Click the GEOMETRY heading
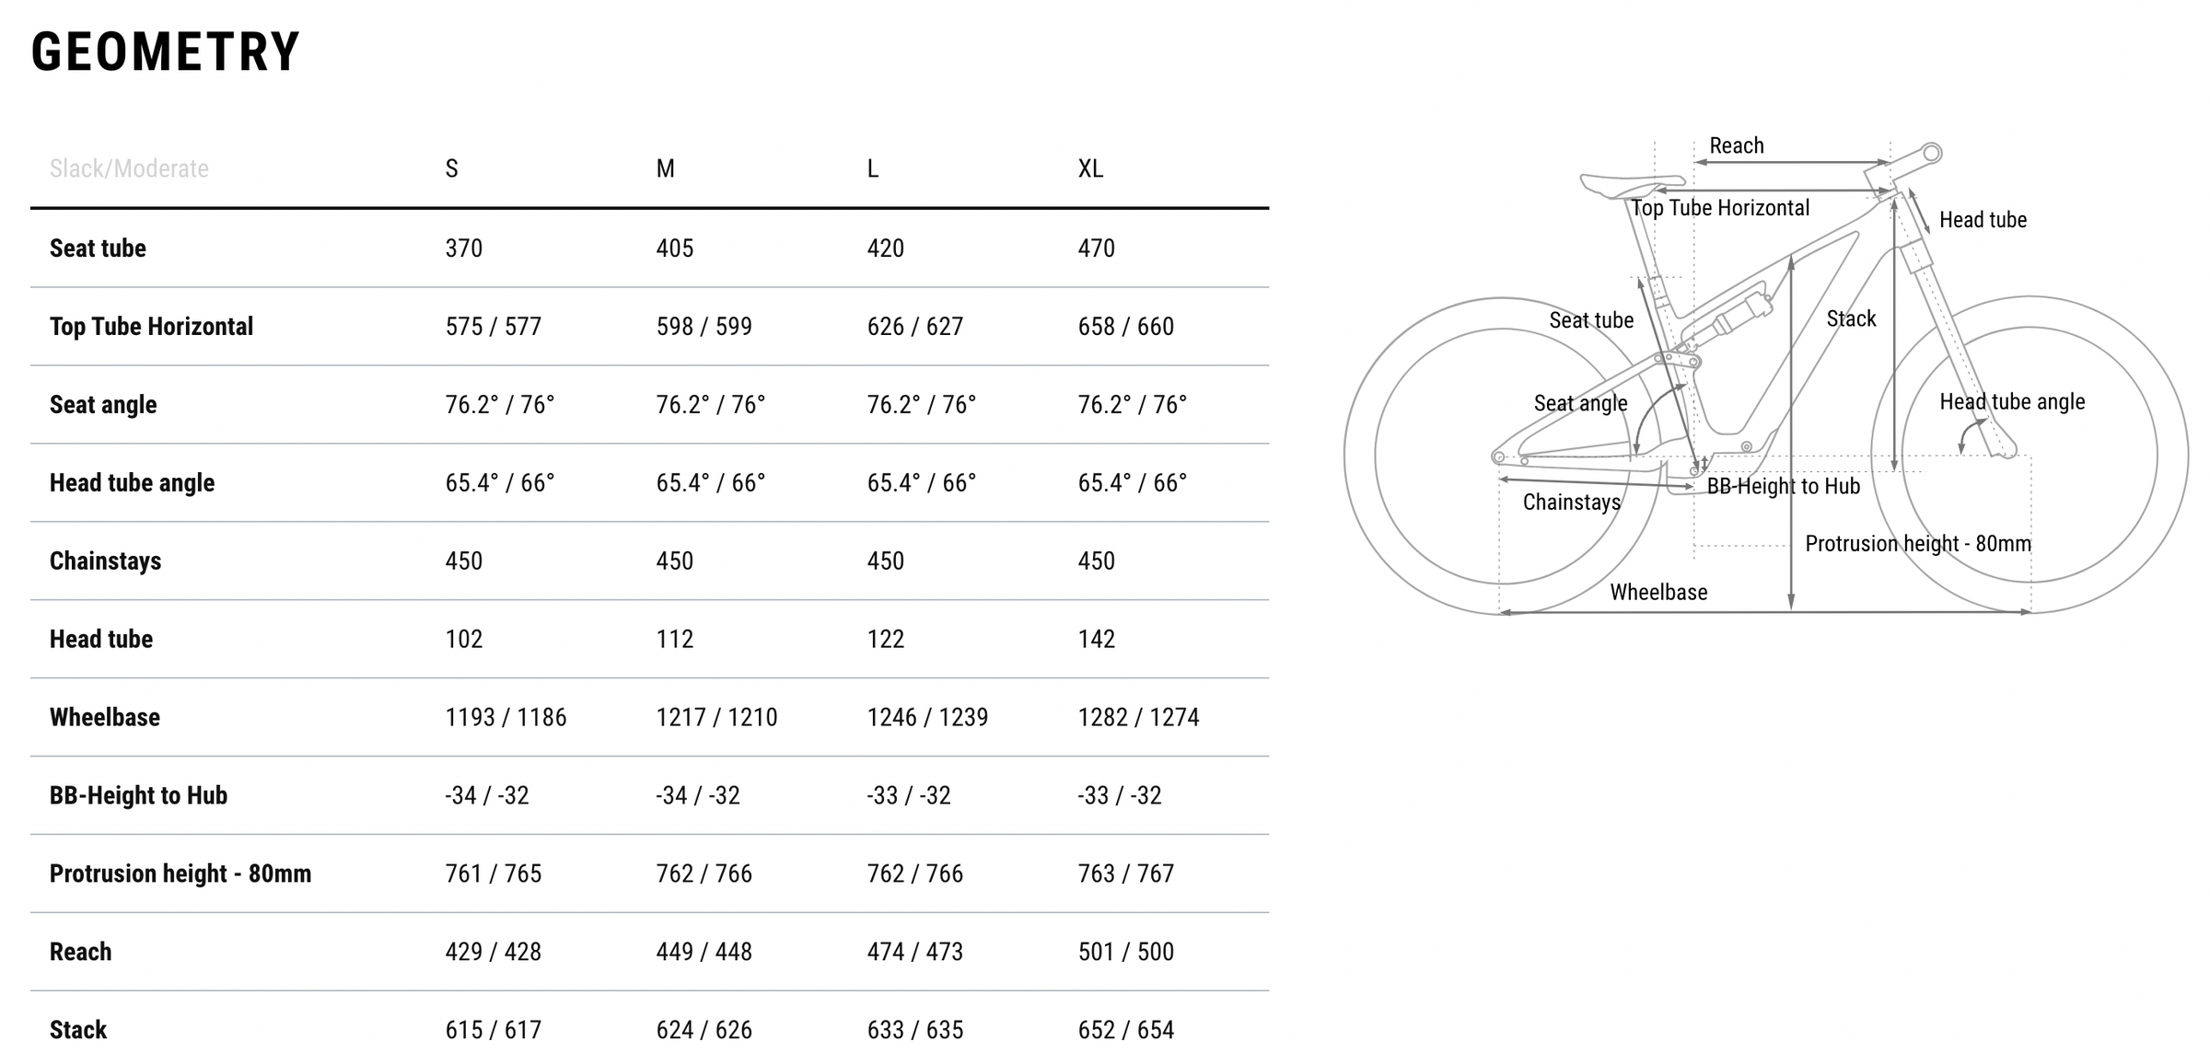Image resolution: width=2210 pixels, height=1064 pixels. coord(166,52)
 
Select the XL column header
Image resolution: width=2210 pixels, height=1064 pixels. coord(1090,168)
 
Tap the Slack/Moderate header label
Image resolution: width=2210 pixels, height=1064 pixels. coord(129,168)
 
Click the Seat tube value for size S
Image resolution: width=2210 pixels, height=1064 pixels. coord(464,248)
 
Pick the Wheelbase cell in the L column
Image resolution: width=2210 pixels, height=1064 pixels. coord(927,717)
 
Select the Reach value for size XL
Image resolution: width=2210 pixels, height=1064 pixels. coord(1126,952)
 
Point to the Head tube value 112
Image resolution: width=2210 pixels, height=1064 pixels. coord(675,639)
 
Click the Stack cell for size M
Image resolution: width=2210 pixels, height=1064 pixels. coord(704,1030)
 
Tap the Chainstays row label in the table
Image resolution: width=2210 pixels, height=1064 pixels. coord(105,561)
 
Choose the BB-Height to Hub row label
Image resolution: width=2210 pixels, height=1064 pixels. coord(138,795)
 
